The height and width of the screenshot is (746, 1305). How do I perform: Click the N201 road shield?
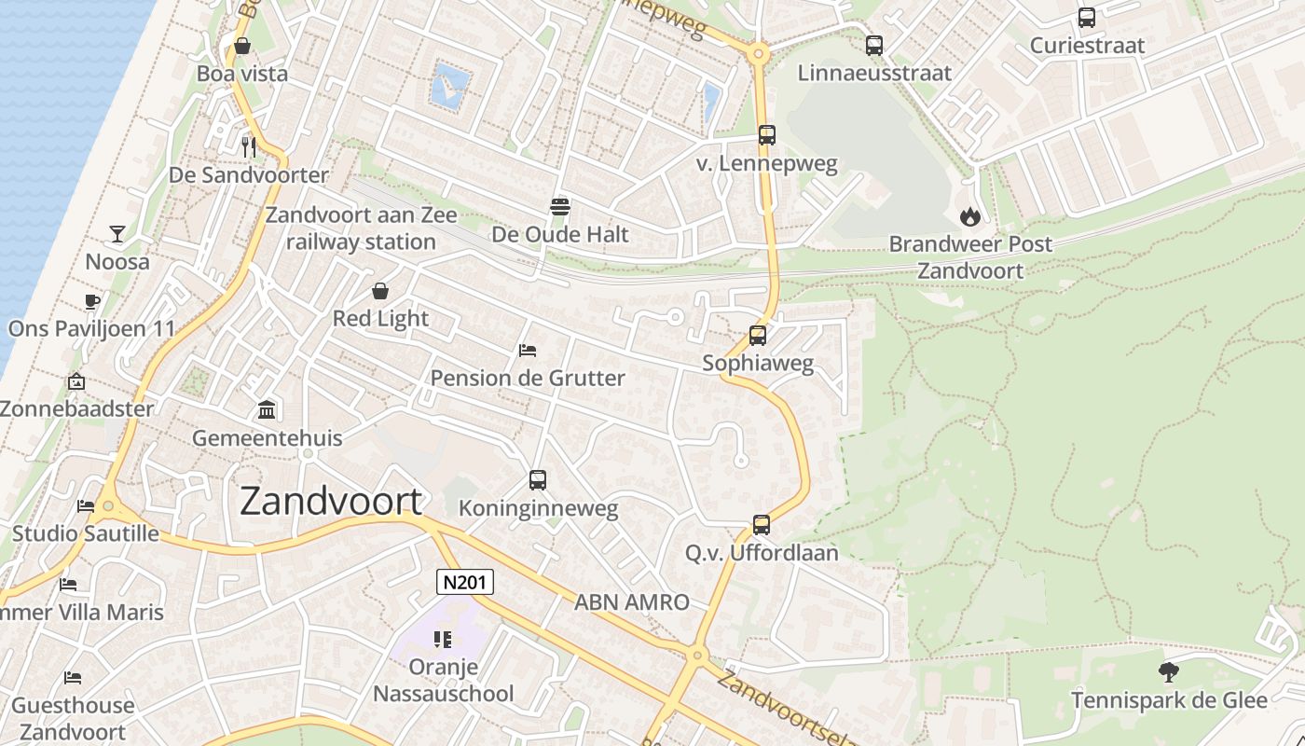point(465,583)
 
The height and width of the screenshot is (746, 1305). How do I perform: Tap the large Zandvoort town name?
point(331,502)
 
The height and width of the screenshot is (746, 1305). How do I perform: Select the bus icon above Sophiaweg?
point(758,336)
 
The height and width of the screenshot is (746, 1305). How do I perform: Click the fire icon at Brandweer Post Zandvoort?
point(970,216)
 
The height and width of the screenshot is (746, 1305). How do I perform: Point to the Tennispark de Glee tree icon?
point(1168,671)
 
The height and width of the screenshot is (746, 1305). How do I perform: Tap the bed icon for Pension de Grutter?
point(528,351)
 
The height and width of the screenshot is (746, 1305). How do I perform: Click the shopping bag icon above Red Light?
point(380,291)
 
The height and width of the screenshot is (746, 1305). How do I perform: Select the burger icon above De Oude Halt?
point(560,206)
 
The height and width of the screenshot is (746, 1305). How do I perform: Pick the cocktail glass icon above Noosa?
point(117,233)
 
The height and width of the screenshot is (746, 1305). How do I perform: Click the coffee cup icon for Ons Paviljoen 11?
point(91,300)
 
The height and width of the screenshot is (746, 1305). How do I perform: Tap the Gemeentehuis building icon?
point(267,409)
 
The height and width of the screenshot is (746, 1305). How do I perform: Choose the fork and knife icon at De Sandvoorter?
point(248,146)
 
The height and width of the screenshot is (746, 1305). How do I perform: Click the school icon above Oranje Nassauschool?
point(443,640)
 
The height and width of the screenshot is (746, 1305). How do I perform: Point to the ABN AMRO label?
point(631,602)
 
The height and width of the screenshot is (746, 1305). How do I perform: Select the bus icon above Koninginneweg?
point(538,480)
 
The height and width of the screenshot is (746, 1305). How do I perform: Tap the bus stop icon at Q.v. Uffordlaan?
point(762,525)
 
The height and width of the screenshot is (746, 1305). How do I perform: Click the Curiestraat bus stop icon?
point(1087,18)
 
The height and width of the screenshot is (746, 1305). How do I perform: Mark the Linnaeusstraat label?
point(874,73)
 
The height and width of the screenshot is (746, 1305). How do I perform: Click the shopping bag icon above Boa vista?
point(242,46)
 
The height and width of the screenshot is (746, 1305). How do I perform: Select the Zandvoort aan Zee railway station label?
point(362,228)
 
